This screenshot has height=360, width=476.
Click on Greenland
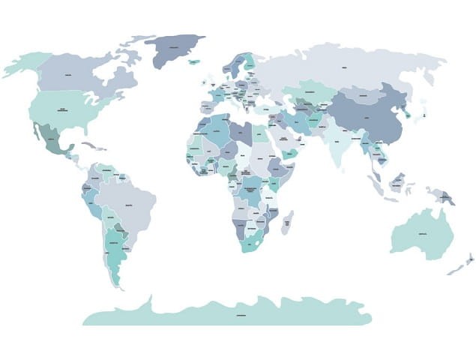pos(175,49)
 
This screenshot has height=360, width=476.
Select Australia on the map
pos(422,235)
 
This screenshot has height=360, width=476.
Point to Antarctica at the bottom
pos(240,313)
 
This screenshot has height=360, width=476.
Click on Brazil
pos(127,202)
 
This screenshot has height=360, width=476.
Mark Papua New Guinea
pos(448,197)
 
